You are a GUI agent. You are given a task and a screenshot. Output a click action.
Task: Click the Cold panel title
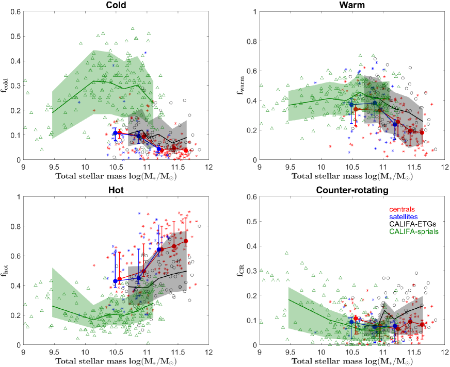[116, 4]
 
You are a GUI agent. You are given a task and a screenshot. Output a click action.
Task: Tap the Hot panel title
[116, 189]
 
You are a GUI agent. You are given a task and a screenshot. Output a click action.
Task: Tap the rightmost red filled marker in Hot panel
[186, 241]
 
